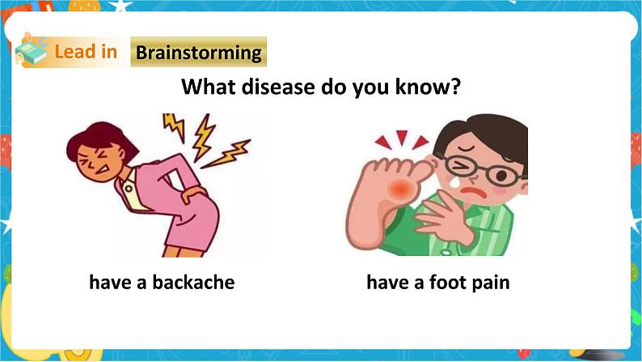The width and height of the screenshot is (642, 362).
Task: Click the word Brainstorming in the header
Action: (199, 53)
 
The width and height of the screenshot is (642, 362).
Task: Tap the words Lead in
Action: (86, 53)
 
